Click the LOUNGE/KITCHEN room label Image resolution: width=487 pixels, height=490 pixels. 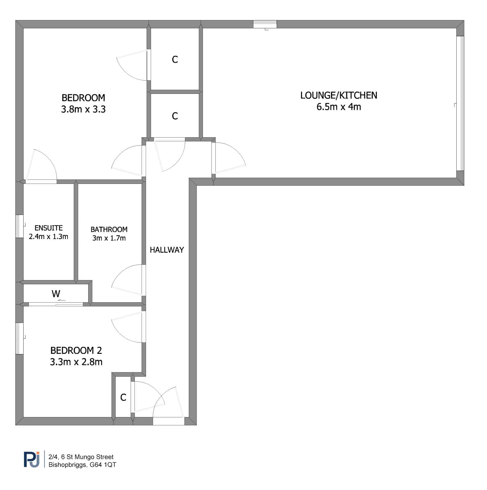[x=339, y=95]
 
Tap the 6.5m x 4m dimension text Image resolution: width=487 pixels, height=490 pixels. [x=339, y=107]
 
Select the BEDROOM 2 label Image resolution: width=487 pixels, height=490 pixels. [x=76, y=350]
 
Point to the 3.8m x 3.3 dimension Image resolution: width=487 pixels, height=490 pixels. [x=83, y=110]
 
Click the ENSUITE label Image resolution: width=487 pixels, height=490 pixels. [x=49, y=228]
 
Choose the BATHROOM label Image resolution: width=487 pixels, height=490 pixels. [x=109, y=229]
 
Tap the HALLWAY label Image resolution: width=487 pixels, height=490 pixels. [x=167, y=250]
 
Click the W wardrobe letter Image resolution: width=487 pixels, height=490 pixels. [x=56, y=293]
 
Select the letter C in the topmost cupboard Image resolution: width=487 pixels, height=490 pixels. [x=175, y=60]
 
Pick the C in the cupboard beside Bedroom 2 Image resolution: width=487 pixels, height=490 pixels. [x=123, y=397]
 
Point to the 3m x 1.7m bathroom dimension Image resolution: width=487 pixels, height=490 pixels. [x=109, y=238]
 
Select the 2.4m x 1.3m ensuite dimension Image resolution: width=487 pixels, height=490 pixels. [x=49, y=236]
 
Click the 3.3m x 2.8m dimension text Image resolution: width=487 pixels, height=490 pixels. [x=76, y=362]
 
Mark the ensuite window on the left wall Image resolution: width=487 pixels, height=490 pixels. [x=19, y=226]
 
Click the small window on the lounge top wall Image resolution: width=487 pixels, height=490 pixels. [x=265, y=24]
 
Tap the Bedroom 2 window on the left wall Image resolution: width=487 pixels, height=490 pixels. [x=19, y=338]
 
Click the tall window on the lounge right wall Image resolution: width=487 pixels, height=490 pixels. [x=460, y=103]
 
